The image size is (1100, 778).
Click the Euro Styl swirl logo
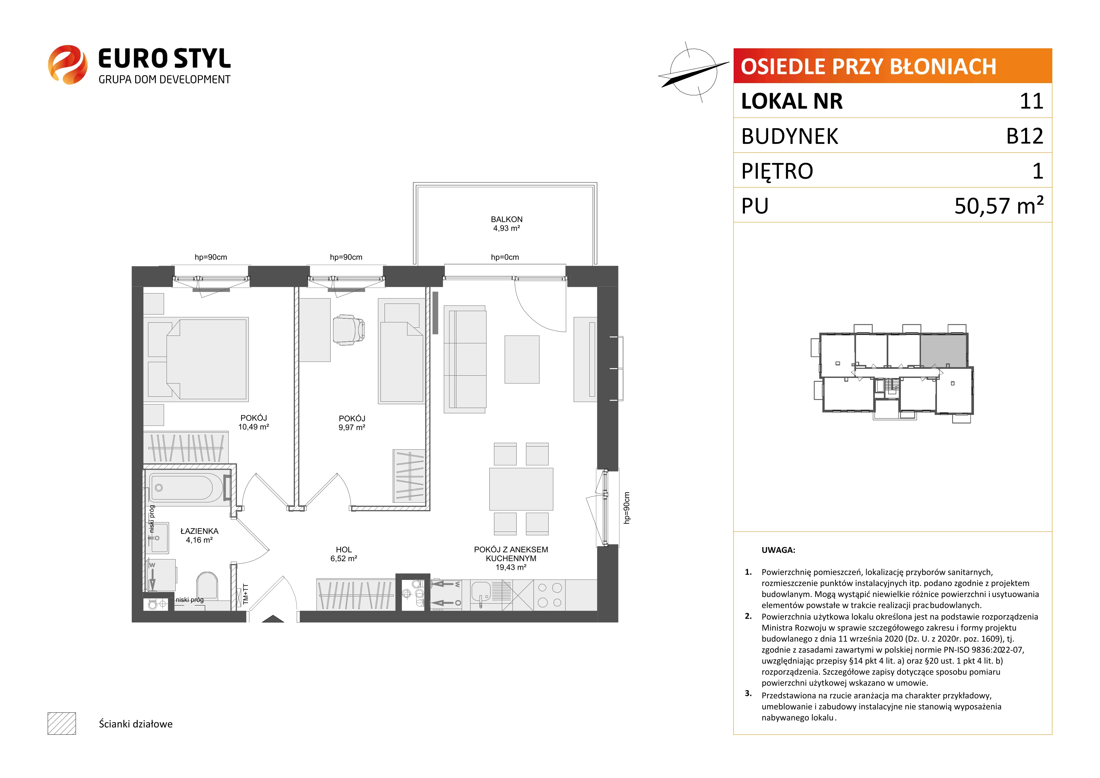pyautogui.click(x=67, y=65)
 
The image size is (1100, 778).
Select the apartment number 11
pyautogui.click(x=1032, y=101)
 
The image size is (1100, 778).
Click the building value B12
pyautogui.click(x=1025, y=136)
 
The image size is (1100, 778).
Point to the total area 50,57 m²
pyautogui.click(x=999, y=205)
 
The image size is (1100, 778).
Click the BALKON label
pyautogui.click(x=507, y=220)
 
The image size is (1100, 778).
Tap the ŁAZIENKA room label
pyautogui.click(x=199, y=531)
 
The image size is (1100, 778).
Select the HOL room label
pyautogui.click(x=343, y=549)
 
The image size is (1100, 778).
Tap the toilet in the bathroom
pyautogui.click(x=207, y=586)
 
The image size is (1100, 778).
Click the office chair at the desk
pyautogui.click(x=348, y=330)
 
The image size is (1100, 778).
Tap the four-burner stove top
pyautogui.click(x=550, y=595)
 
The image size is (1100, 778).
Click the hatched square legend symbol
pyautogui.click(x=62, y=723)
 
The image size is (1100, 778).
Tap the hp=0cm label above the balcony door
pyautogui.click(x=505, y=257)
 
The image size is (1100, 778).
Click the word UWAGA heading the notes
pyautogui.click(x=778, y=550)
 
